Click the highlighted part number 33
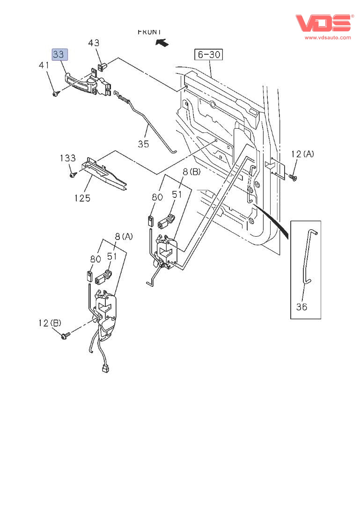pyautogui.click(x=59, y=55)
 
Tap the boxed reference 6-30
pyautogui.click(x=209, y=55)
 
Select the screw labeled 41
pyautogui.click(x=56, y=94)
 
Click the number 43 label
pyautogui.click(x=94, y=43)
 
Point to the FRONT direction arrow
pyautogui.click(x=162, y=43)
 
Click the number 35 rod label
pyautogui.click(x=143, y=144)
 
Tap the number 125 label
pyautogui.click(x=82, y=198)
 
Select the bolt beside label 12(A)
pyautogui.click(x=293, y=177)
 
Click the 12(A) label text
pyautogui.click(x=302, y=154)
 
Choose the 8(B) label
pyautogui.click(x=191, y=172)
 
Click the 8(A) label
pyautogui.click(x=124, y=236)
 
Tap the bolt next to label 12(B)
pyautogui.click(x=66, y=335)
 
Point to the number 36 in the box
pyautogui.click(x=302, y=307)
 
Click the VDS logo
pyautogui.click(x=323, y=23)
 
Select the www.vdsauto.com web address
pyautogui.click(x=328, y=37)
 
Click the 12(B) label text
pyautogui.click(x=50, y=323)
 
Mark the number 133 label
pyautogui.click(x=67, y=158)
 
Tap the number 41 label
pyautogui.click(x=44, y=65)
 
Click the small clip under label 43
pyautogui.click(x=104, y=64)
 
